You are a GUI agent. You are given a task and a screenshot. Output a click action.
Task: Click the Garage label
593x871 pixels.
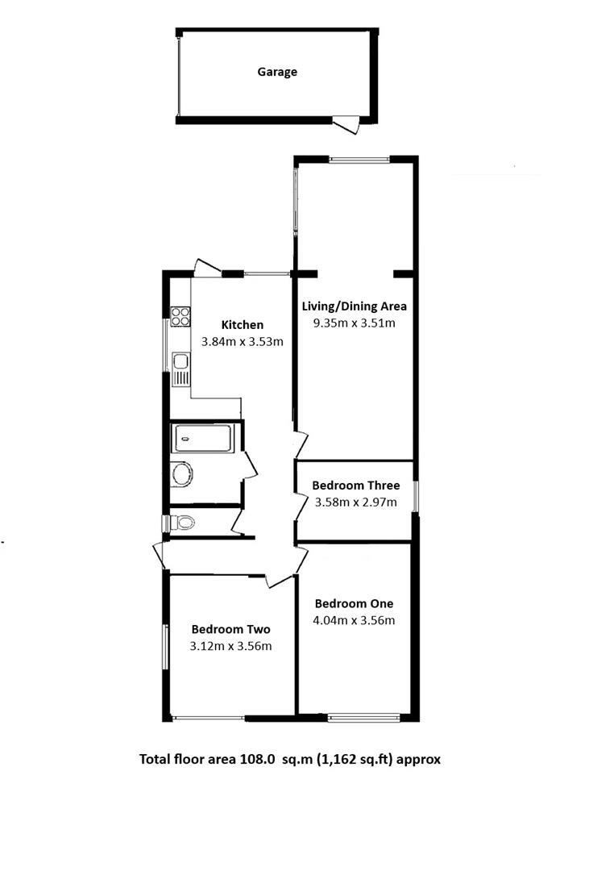277,72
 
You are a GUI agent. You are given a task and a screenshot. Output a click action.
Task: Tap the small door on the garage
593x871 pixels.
346,125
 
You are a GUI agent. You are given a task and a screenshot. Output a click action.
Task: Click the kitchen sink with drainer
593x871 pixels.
180,370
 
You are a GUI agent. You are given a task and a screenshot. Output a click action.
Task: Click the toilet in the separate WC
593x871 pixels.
183,523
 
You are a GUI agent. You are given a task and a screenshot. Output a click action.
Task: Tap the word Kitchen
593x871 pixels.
243,325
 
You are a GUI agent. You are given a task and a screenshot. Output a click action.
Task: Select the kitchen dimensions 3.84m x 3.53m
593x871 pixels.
242,341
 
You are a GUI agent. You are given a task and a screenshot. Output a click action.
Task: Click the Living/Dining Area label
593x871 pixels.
355,306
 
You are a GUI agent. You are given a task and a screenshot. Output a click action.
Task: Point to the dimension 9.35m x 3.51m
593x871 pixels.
355,323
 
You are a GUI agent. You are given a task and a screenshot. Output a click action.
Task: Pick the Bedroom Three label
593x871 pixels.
356,486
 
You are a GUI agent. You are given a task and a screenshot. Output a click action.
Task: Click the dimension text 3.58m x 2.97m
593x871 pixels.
355,502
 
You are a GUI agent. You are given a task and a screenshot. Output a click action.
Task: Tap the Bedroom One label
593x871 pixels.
355,603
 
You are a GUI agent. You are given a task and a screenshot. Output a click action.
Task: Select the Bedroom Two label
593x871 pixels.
230,630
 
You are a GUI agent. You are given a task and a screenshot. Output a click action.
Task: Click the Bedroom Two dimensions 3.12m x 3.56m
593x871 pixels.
230,646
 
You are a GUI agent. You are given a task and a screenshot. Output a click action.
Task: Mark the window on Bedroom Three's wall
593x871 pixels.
416,496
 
